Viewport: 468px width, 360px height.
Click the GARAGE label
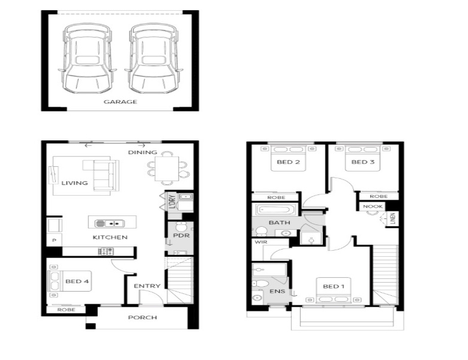(120, 102)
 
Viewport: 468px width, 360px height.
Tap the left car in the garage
(87, 59)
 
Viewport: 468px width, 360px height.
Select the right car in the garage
(154, 59)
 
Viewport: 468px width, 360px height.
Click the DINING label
(142, 152)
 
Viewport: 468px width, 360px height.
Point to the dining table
(167, 169)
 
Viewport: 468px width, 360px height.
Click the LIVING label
(74, 183)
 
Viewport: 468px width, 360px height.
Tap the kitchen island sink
(109, 223)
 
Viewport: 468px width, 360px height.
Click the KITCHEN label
(110, 238)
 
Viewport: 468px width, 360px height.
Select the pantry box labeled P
(55, 240)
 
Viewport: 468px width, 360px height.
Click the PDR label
(181, 235)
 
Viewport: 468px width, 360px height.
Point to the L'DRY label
(172, 202)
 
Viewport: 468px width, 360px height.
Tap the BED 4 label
(77, 281)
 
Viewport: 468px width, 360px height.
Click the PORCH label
(142, 317)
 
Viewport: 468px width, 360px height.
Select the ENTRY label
(147, 286)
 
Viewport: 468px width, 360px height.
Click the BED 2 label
(289, 162)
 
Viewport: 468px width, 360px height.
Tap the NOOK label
(373, 206)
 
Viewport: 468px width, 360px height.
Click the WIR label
(261, 242)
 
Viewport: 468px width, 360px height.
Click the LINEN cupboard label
(393, 218)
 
